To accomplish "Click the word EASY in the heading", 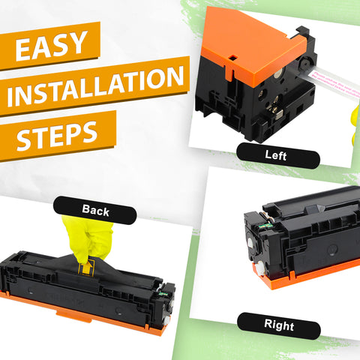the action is tap(52, 46).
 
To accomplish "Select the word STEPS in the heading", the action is tap(57, 135).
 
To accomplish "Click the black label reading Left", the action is tap(278, 155).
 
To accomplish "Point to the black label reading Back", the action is tap(95, 210).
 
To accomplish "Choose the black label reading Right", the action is tap(279, 325).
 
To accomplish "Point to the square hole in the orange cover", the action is tap(232, 58).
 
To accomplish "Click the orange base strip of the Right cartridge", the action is tap(306, 274).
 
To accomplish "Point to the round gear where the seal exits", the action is tap(306, 64).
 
